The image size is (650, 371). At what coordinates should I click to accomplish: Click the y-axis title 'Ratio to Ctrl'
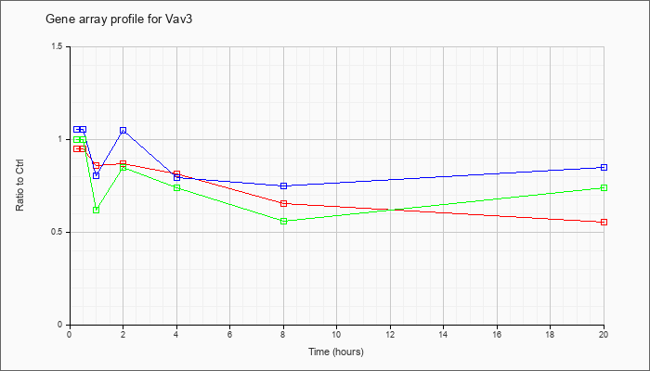click(20, 185)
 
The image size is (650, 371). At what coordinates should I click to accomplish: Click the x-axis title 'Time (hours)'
click(336, 352)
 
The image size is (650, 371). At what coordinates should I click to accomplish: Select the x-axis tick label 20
click(604, 335)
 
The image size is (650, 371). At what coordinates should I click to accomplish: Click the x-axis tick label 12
click(390, 335)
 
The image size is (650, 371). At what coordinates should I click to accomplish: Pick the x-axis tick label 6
click(230, 335)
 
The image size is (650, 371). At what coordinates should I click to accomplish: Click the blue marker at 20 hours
click(604, 167)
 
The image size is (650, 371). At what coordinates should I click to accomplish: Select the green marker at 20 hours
click(604, 187)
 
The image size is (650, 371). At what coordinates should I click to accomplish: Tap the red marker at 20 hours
click(604, 222)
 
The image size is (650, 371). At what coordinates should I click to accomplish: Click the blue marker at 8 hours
click(283, 185)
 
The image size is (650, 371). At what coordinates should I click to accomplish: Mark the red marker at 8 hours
click(283, 203)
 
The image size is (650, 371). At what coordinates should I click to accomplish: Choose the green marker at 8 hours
click(283, 221)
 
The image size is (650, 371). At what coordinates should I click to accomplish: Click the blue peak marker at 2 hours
click(123, 130)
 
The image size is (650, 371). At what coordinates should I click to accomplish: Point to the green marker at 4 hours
click(176, 187)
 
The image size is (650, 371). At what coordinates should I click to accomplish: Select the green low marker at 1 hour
click(96, 210)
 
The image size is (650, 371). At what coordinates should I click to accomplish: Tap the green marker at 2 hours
click(123, 167)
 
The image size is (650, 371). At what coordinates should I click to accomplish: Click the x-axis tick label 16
click(498, 335)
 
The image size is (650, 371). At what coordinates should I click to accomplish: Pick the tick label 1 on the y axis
click(60, 139)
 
